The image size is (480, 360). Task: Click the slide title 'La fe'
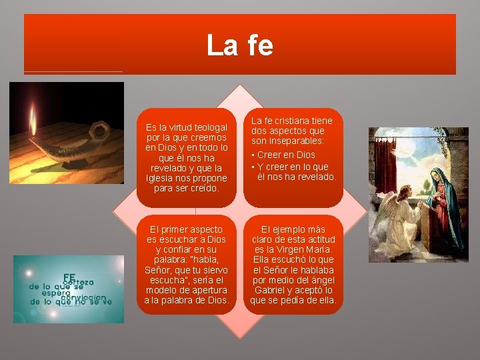pos(239,45)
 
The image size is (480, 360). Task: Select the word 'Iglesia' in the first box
pos(161,178)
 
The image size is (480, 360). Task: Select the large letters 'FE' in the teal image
pos(69,277)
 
